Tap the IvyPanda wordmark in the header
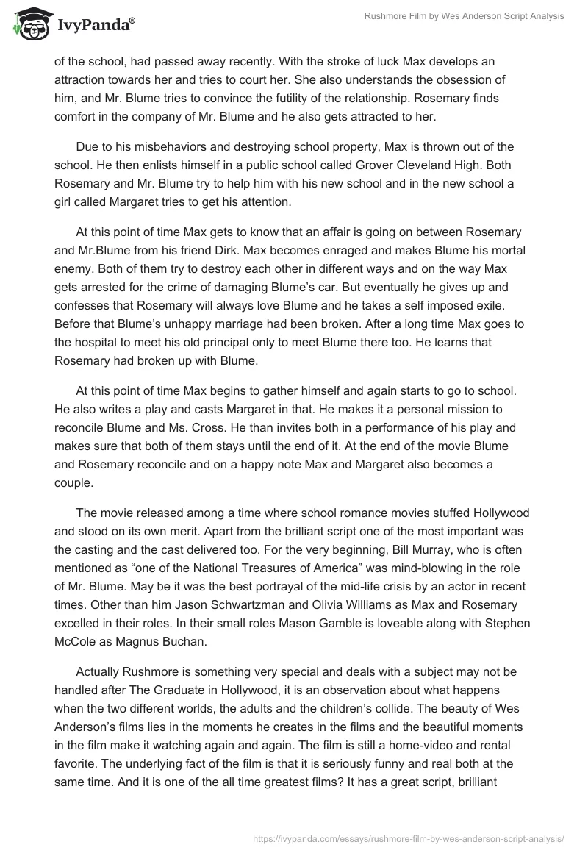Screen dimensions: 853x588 [x=93, y=26]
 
